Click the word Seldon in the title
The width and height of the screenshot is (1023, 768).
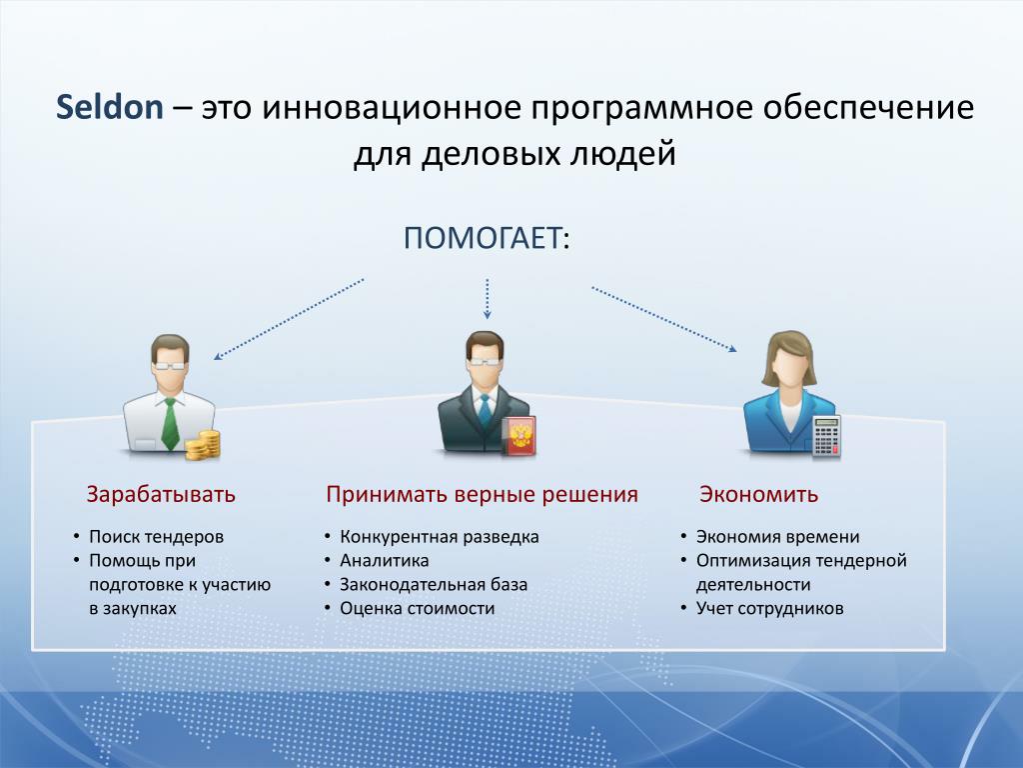pyautogui.click(x=110, y=107)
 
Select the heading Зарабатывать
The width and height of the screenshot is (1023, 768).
pyautogui.click(x=161, y=494)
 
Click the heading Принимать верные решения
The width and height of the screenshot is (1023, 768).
pyautogui.click(x=483, y=494)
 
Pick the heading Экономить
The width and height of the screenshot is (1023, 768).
pyautogui.click(x=759, y=494)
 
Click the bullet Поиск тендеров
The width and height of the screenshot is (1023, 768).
pyautogui.click(x=156, y=537)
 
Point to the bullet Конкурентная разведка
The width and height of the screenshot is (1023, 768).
pyautogui.click(x=440, y=537)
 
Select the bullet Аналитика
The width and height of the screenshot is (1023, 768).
pyautogui.click(x=385, y=560)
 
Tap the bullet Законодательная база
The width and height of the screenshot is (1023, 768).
pyautogui.click(x=434, y=584)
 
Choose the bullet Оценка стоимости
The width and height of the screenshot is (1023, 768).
pyautogui.click(x=417, y=609)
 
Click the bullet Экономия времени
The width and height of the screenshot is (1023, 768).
pyautogui.click(x=777, y=537)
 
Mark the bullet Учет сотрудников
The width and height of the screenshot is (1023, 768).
pyautogui.click(x=770, y=609)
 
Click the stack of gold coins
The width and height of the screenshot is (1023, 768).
pyautogui.click(x=203, y=445)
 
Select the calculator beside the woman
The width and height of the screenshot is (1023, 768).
pyautogui.click(x=826, y=436)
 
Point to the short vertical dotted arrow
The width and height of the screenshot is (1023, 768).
pyautogui.click(x=487, y=299)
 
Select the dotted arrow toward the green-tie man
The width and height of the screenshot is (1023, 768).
pyautogui.click(x=289, y=319)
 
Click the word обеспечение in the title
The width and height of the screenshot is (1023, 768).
pyautogui.click(x=868, y=107)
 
